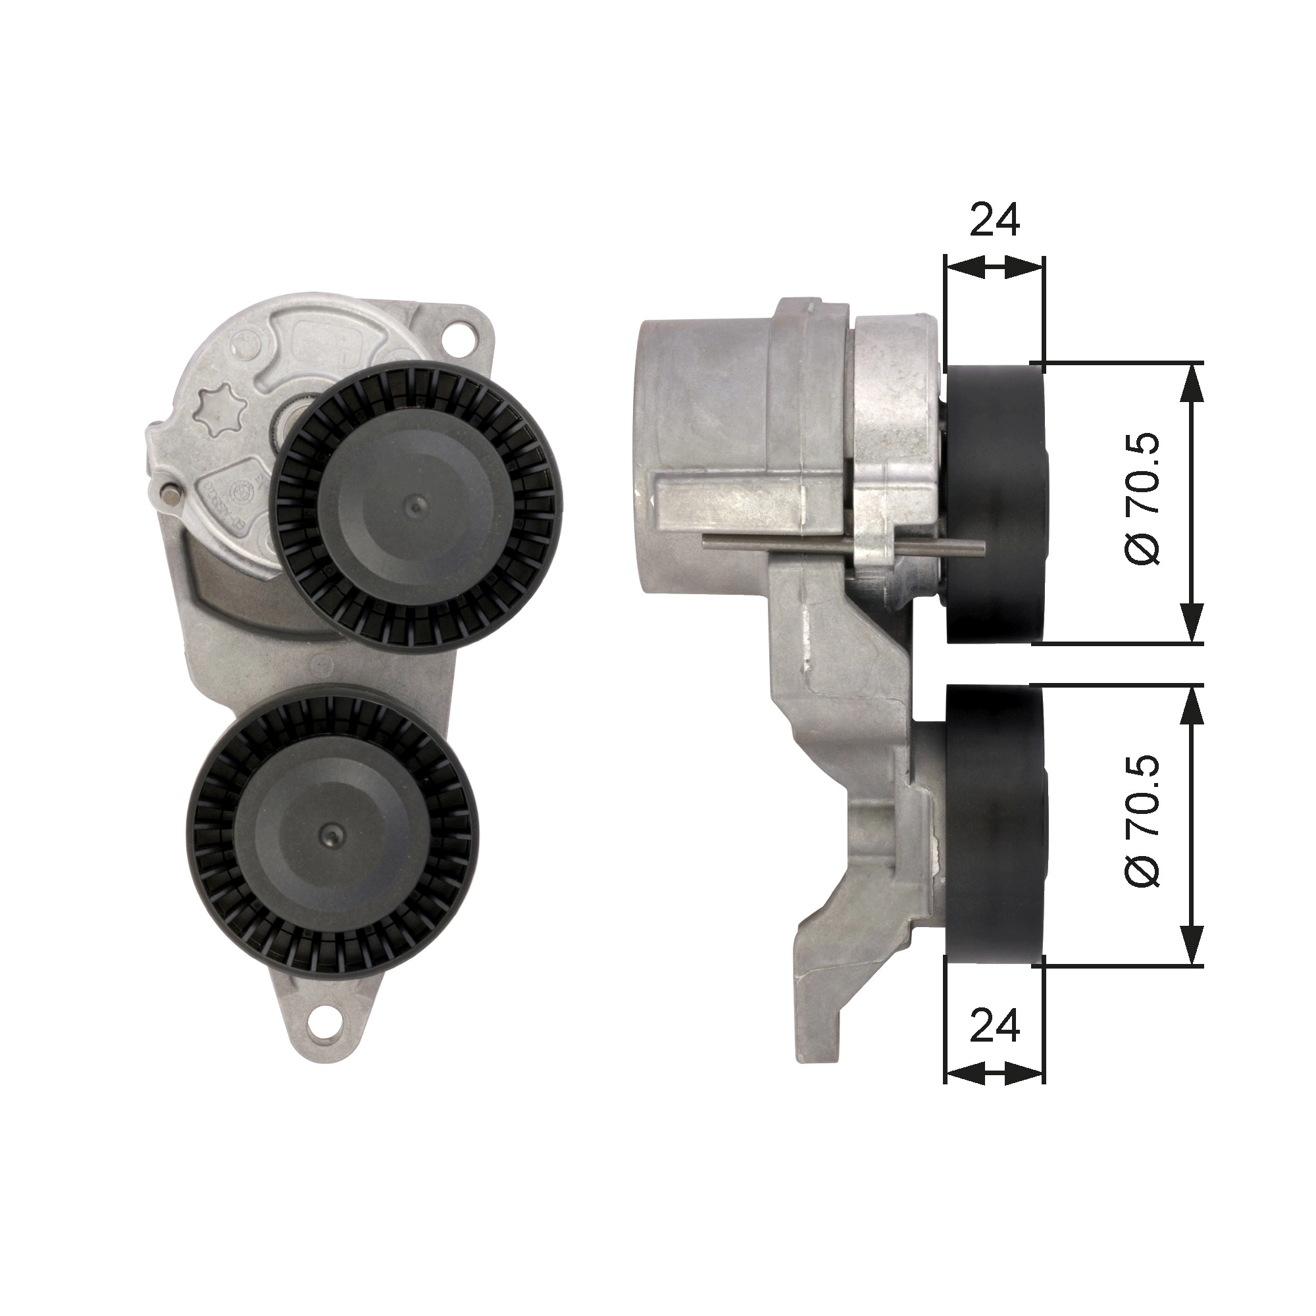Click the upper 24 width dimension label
pos(995,219)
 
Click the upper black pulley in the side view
pos(994,505)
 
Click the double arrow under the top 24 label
pos(994,267)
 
